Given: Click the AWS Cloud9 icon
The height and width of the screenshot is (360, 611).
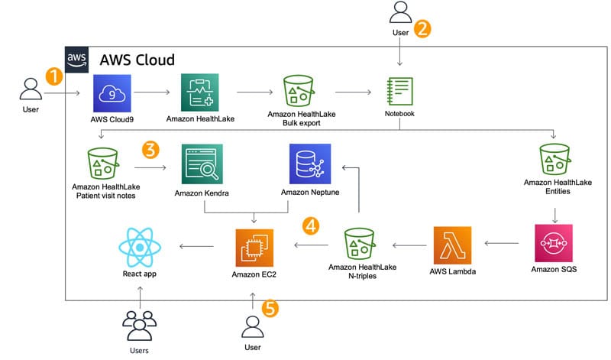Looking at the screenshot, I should [x=112, y=93].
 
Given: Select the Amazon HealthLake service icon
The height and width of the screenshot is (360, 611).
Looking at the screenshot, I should [x=199, y=93].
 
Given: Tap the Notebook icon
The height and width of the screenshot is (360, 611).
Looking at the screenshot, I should [x=399, y=92].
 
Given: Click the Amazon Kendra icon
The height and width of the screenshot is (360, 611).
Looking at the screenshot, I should [x=200, y=162].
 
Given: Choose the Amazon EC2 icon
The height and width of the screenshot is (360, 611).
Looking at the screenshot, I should [x=254, y=245].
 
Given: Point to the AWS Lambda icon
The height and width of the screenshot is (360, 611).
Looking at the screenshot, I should [x=451, y=245].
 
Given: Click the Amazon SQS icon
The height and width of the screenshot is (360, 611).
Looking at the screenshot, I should [x=554, y=244].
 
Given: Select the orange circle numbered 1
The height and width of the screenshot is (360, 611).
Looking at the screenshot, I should [x=53, y=76].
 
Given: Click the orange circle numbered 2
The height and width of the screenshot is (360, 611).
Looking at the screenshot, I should [x=422, y=29].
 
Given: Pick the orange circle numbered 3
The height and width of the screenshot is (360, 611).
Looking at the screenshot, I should [x=150, y=150].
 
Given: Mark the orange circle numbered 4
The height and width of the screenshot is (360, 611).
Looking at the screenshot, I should [x=310, y=225].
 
